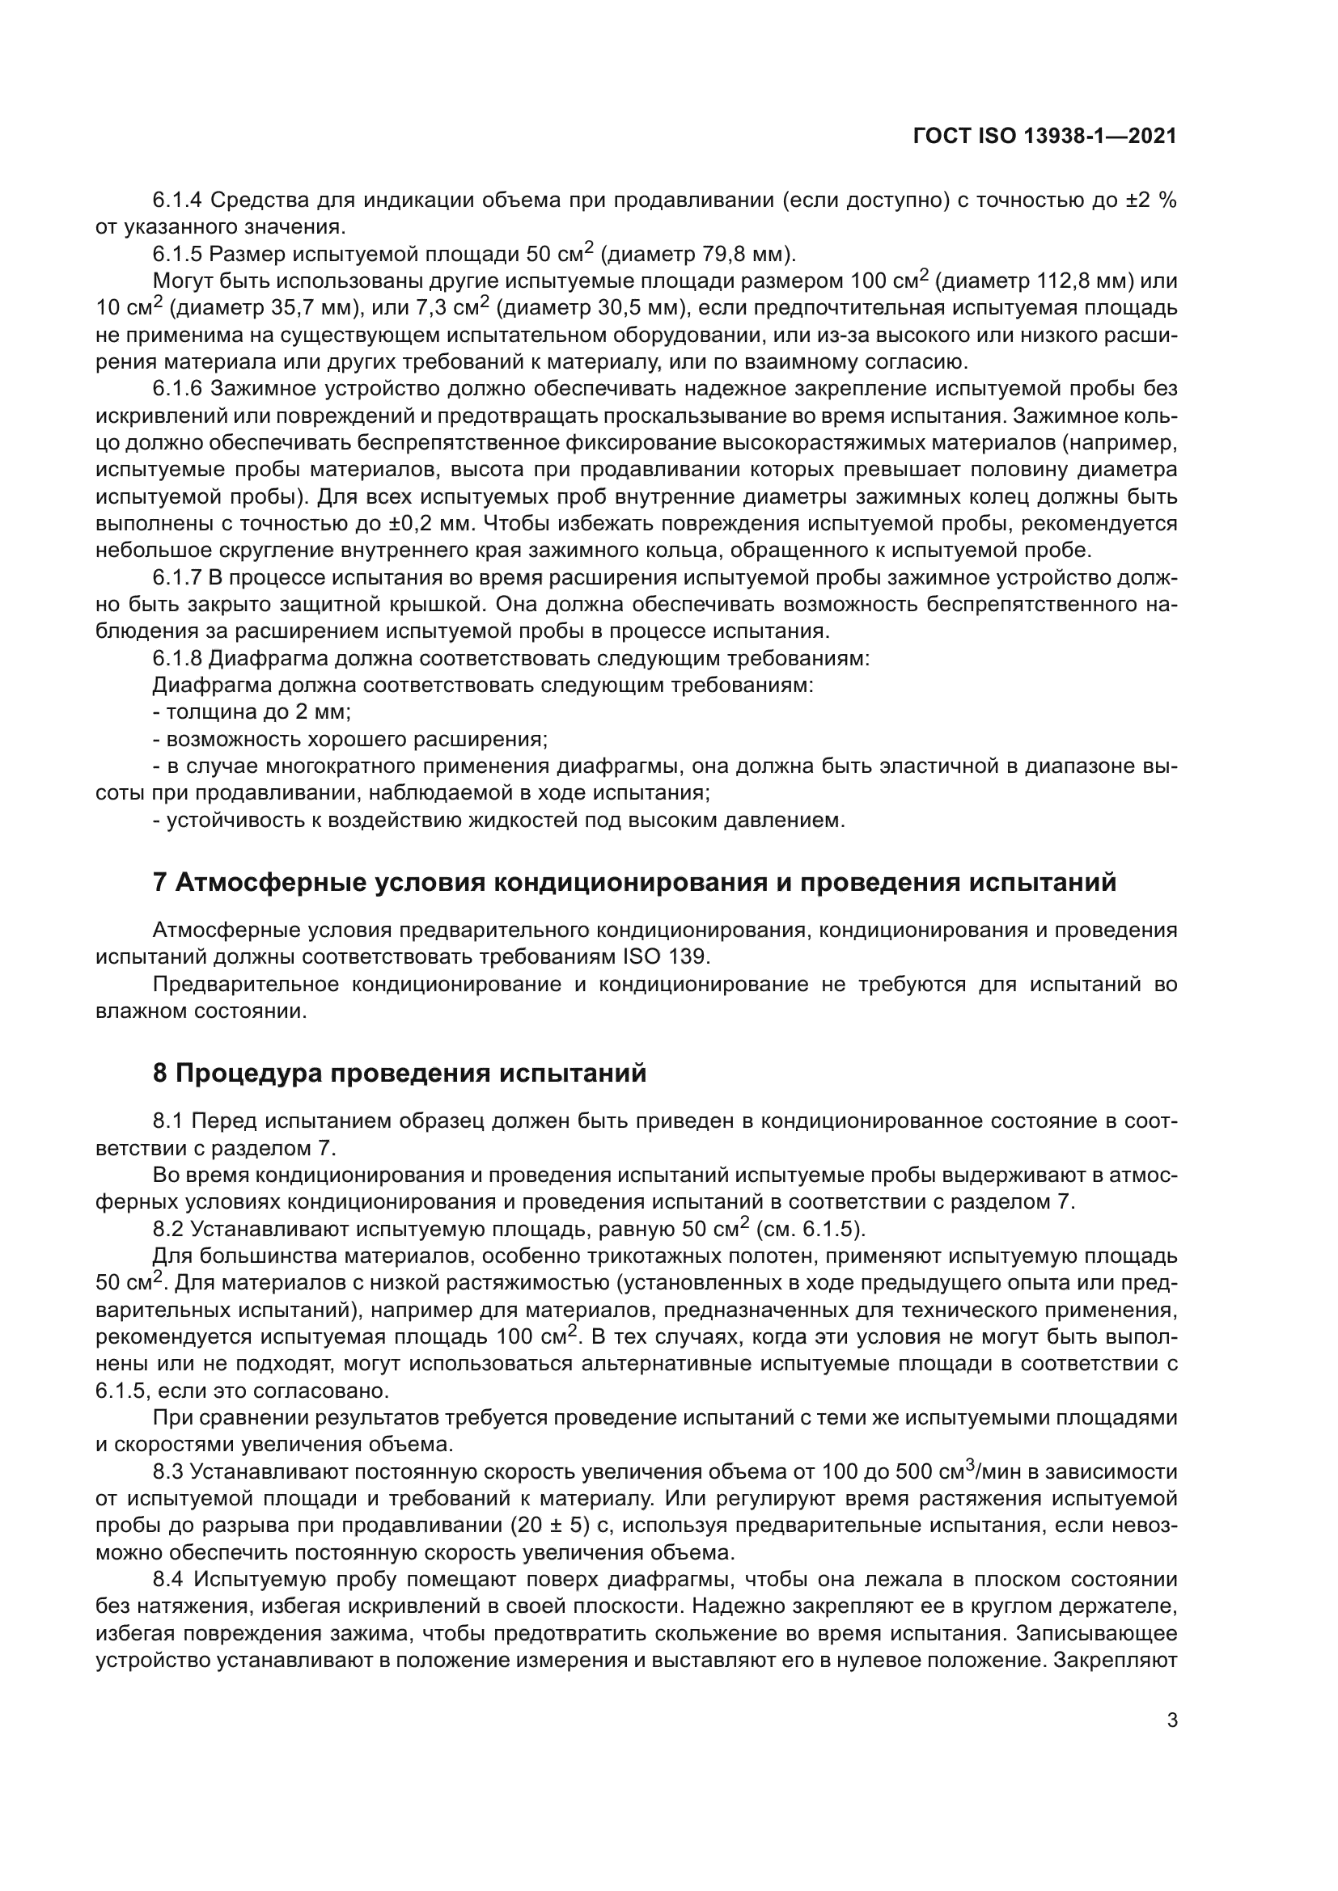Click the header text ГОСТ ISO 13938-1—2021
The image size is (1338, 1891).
pos(1044,137)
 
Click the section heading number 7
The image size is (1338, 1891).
pos(161,882)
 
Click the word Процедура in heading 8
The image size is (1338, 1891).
pos(248,1074)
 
